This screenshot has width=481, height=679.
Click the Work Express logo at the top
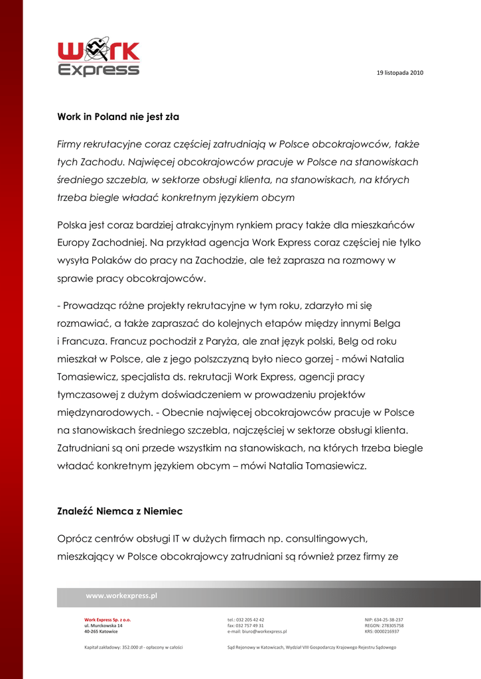pyautogui.click(x=99, y=58)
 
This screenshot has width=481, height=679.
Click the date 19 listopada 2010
pyautogui.click(x=399, y=72)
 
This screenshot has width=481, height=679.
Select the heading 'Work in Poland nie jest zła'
pyautogui.click(x=118, y=117)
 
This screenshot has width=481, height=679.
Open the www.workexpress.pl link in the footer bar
pyautogui.click(x=121, y=595)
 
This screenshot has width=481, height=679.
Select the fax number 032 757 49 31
pyautogui.click(x=249, y=625)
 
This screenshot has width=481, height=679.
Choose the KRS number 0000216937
pyautogui.click(x=386, y=631)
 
